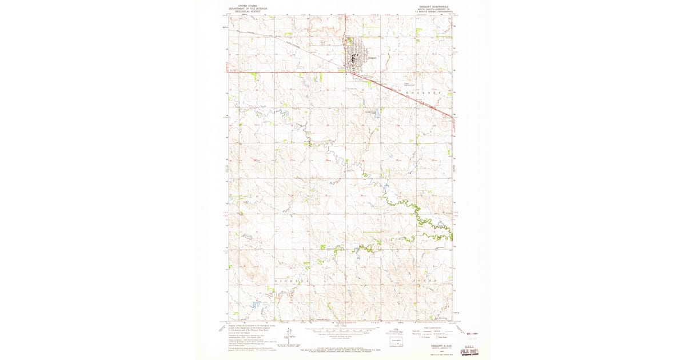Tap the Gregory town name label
372,58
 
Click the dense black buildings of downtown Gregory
355,58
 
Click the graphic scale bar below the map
343,330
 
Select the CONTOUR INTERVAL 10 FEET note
343,338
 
